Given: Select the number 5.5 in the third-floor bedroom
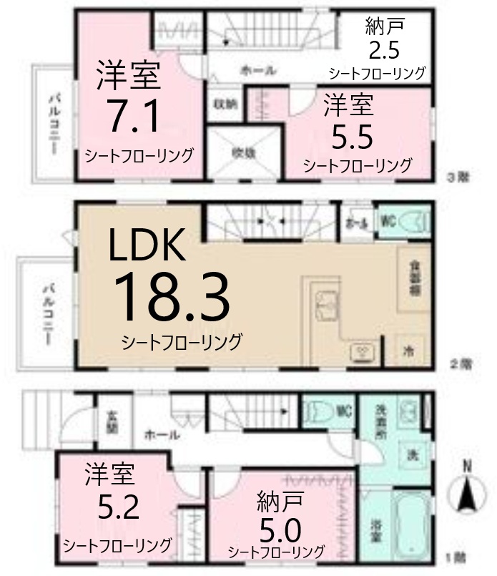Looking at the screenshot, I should tap(350, 135).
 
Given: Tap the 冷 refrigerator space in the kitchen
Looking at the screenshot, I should tap(409, 351).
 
